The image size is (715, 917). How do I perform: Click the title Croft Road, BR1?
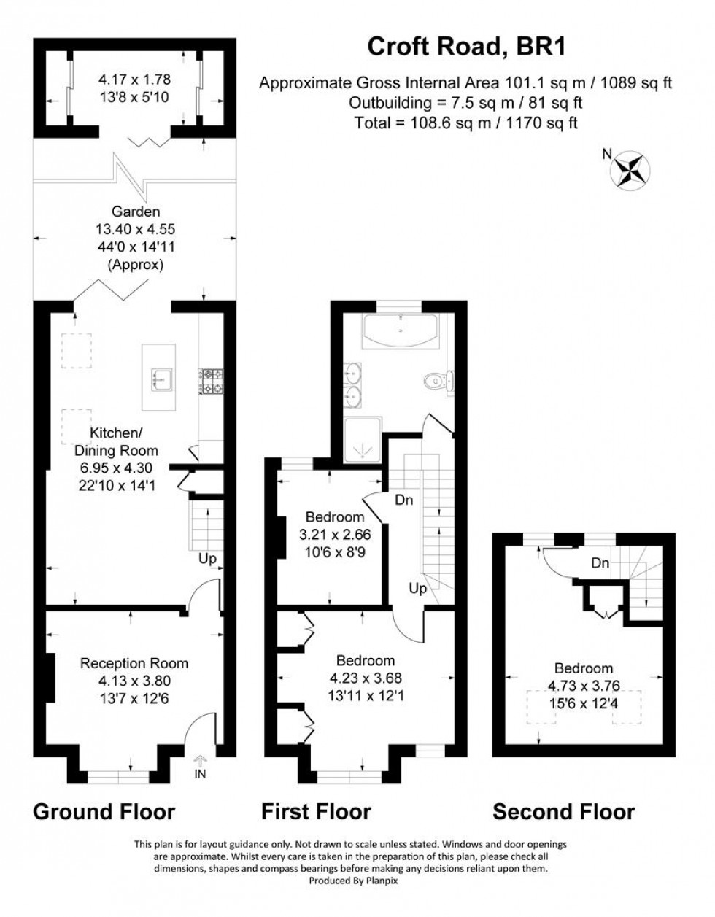click(x=467, y=47)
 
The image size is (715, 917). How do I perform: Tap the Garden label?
click(x=136, y=212)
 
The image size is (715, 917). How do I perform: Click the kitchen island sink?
click(x=158, y=377)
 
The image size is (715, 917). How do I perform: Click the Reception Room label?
click(x=134, y=663)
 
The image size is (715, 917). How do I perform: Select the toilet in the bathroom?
click(x=438, y=379)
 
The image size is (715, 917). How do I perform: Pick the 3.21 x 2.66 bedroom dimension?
click(x=335, y=535)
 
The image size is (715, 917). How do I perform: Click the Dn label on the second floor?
click(x=600, y=563)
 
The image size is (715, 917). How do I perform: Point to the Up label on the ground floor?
click(x=209, y=560)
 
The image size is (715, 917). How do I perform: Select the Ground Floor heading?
click(x=104, y=811)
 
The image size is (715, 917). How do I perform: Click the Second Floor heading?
click(x=563, y=811)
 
